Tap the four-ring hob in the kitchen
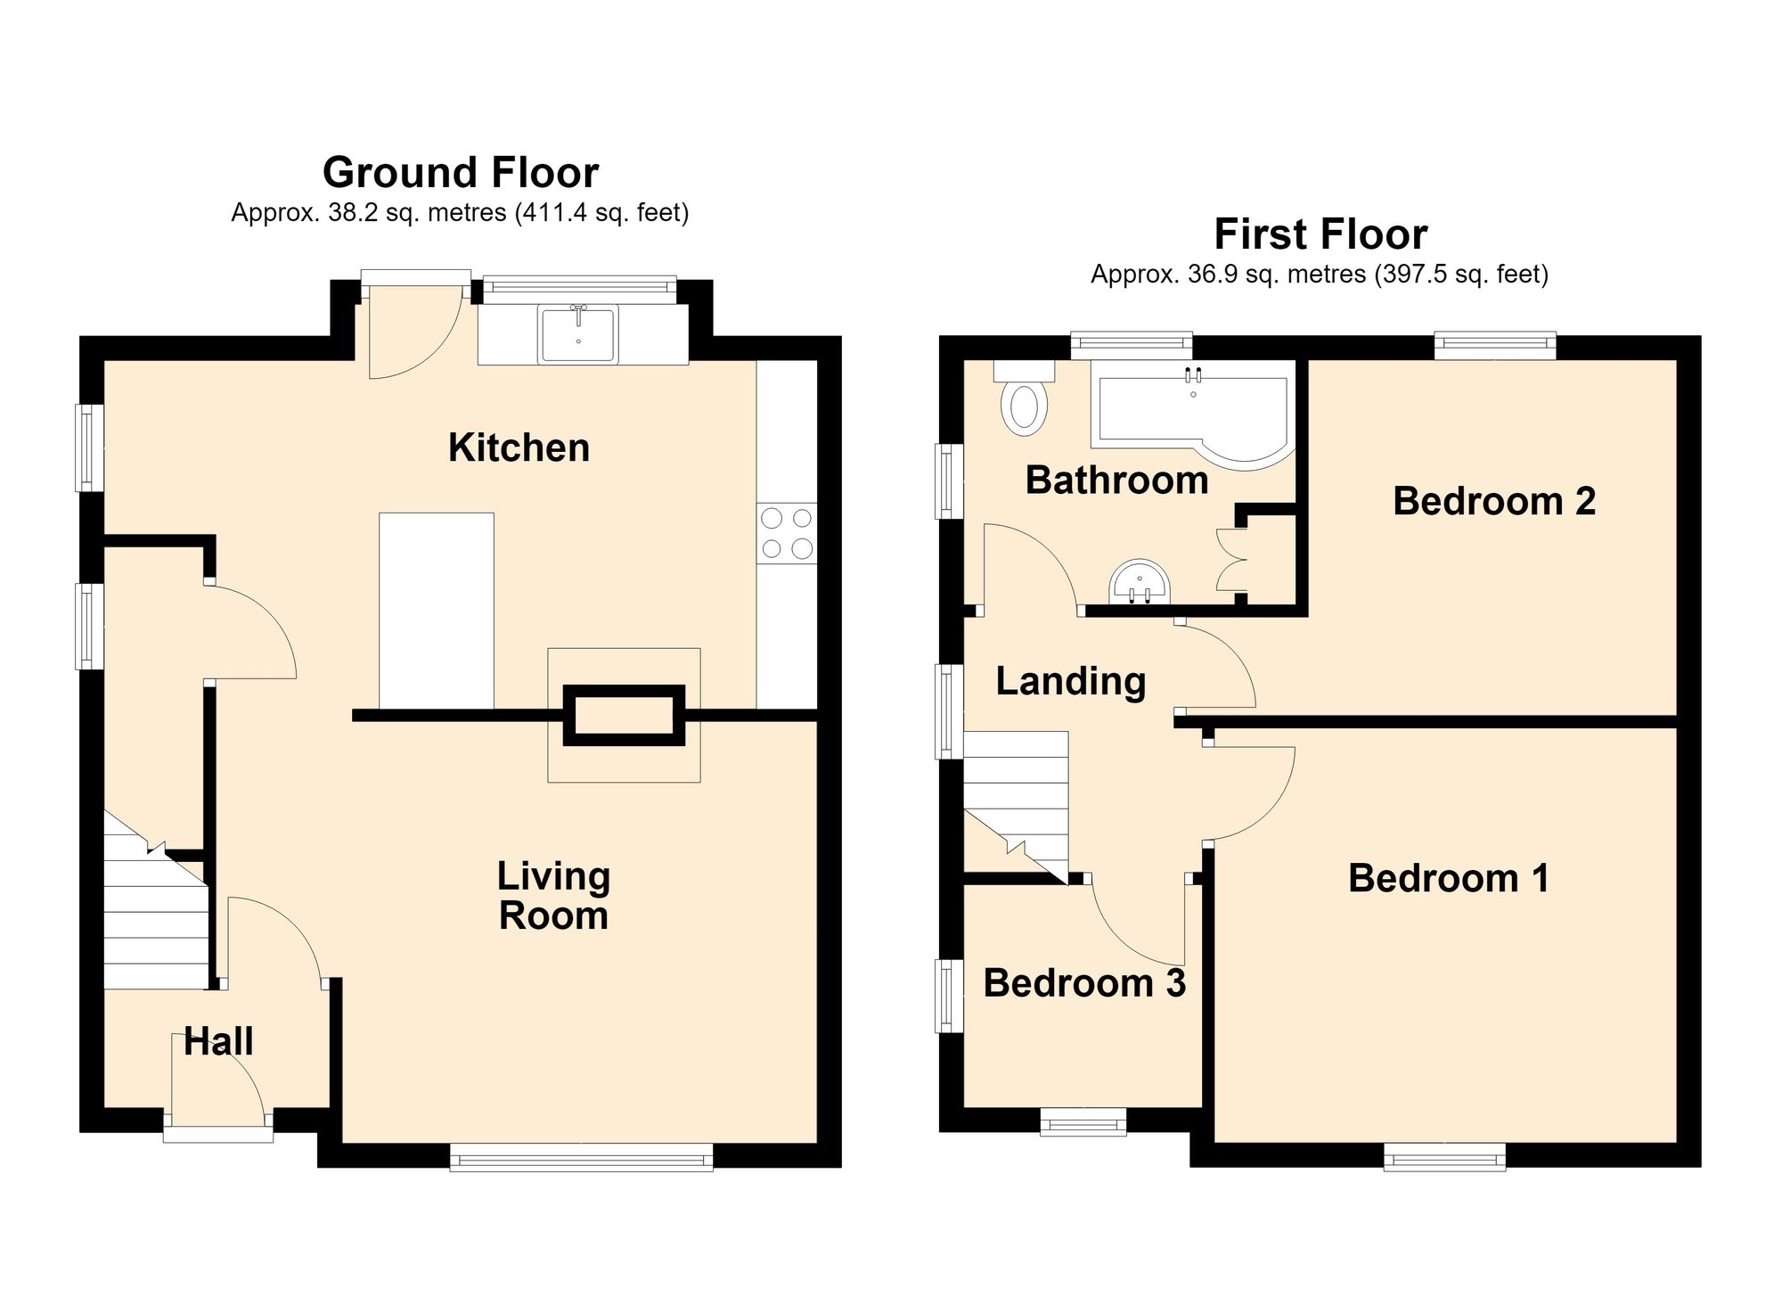[x=787, y=533]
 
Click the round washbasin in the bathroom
[x=1140, y=582]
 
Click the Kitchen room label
[x=519, y=447]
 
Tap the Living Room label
[x=553, y=896]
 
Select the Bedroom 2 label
[x=1494, y=501]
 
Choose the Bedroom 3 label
[x=1084, y=983]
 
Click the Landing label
[x=1070, y=682]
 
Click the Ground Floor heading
[x=461, y=172]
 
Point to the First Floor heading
[x=1320, y=234]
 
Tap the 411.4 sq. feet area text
[x=602, y=214]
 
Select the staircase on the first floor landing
[x=1016, y=808]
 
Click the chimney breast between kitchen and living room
[x=624, y=715]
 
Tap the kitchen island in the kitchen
[x=437, y=612]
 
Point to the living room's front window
[x=581, y=1158]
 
